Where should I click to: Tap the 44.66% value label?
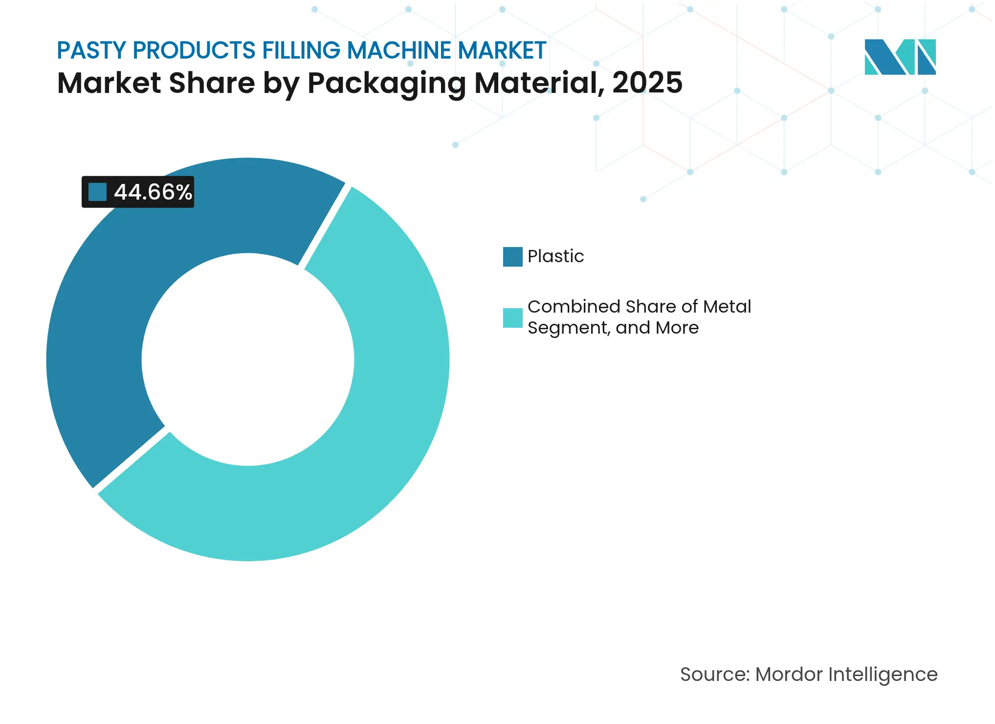[153, 192]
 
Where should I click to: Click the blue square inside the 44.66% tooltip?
[97, 192]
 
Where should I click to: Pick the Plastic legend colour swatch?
[512, 256]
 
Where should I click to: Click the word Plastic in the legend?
[555, 256]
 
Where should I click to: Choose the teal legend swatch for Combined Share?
[512, 317]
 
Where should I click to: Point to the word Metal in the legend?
[727, 307]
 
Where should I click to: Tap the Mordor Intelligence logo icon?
[900, 57]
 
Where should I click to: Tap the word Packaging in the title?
[386, 83]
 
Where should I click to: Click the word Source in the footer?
[714, 675]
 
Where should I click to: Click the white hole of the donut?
[248, 360]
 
